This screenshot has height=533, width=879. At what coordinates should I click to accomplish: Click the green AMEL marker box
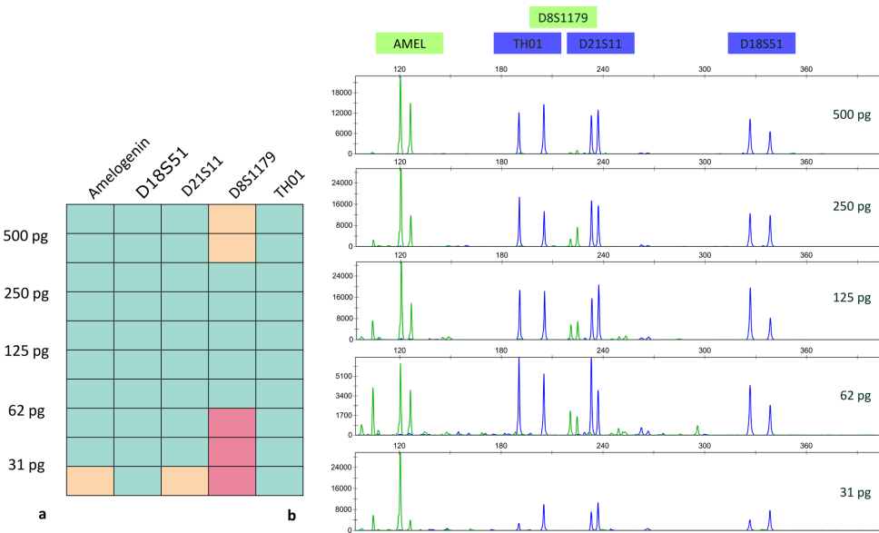(x=409, y=43)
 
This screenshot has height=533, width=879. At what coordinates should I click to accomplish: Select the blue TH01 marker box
(x=528, y=43)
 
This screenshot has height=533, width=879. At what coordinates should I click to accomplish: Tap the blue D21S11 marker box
(x=600, y=43)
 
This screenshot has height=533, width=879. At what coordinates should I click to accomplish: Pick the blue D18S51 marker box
(x=762, y=43)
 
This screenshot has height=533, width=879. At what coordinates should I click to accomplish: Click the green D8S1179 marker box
(x=563, y=17)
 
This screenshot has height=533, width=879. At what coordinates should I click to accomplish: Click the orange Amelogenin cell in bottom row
(x=90, y=481)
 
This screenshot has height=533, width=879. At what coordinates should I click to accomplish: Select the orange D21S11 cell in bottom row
(x=184, y=481)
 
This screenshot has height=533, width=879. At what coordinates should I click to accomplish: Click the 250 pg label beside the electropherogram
(x=852, y=206)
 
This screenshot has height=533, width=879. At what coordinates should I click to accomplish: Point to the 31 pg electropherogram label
(x=854, y=492)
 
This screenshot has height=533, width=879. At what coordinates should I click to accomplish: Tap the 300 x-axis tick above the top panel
(x=704, y=69)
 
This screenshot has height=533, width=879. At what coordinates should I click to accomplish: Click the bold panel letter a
(x=42, y=515)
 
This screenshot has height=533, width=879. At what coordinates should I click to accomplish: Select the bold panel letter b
(x=291, y=515)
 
